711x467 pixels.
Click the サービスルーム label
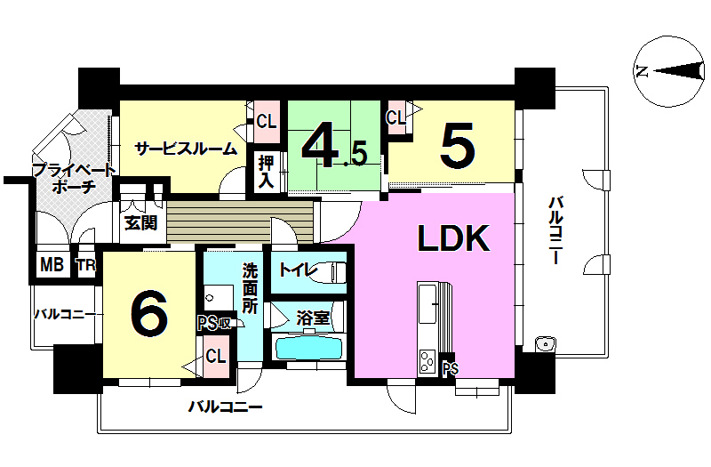coord(185,149)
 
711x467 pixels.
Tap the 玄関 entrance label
coord(140,222)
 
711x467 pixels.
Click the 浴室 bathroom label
coord(313,317)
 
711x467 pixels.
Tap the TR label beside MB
coord(85,266)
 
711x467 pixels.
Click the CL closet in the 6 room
coord(215,356)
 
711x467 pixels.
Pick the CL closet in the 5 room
coord(396,115)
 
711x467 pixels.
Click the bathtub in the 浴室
coord(309,346)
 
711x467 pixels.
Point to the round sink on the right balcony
coord(543,343)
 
